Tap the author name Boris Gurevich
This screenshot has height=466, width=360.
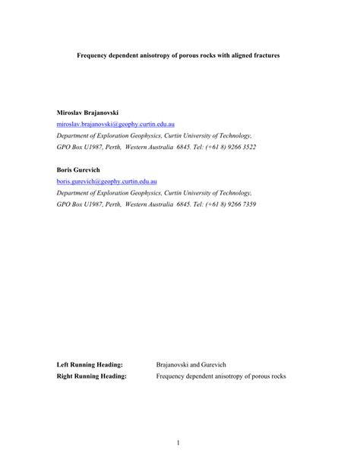pyautogui.click(x=78, y=170)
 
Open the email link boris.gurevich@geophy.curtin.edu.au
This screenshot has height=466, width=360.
pyautogui.click(x=107, y=182)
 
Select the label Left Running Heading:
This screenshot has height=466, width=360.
pyautogui.click(x=90, y=365)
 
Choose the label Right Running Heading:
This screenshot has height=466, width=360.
pyautogui.click(x=92, y=376)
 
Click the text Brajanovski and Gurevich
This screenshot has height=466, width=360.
pyautogui.click(x=191, y=365)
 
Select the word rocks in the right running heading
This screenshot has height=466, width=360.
pyautogui.click(x=278, y=376)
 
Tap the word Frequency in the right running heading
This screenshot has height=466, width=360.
pyautogui.click(x=171, y=376)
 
